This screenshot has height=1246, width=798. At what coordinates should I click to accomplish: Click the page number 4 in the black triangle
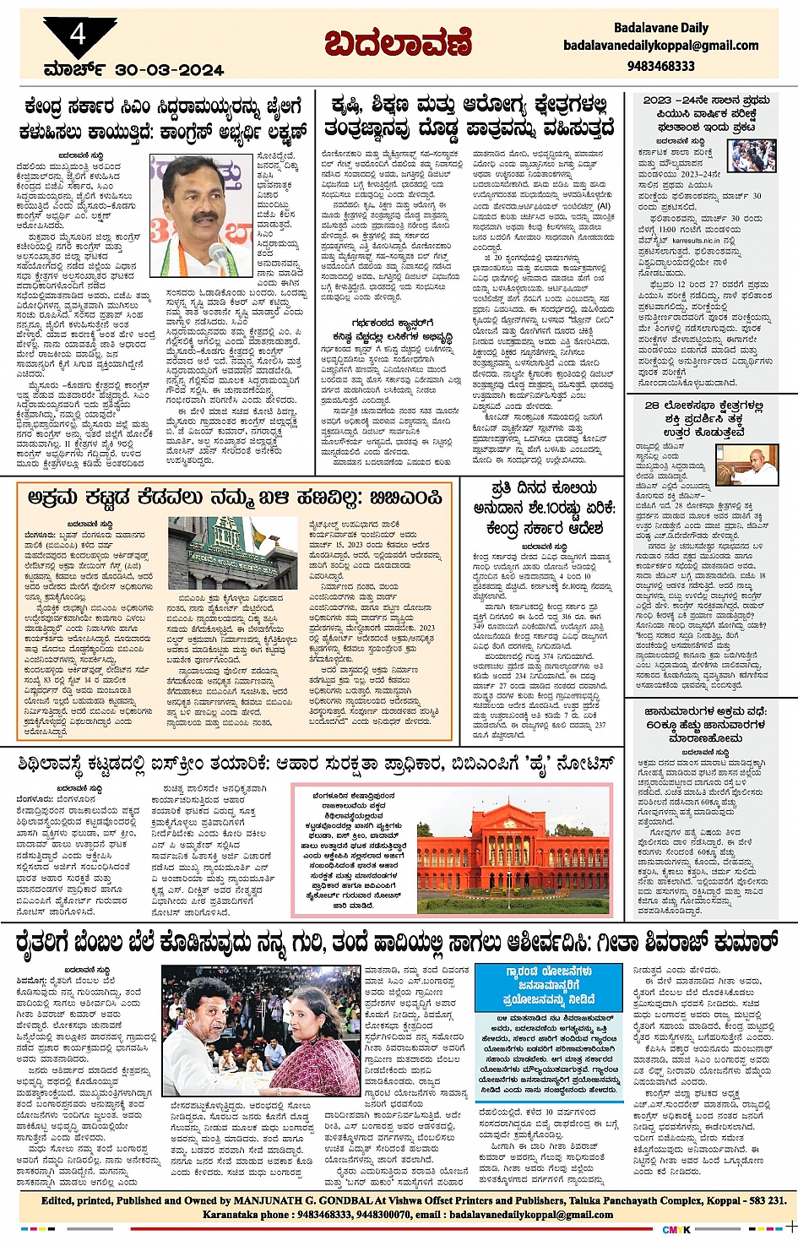click(x=78, y=35)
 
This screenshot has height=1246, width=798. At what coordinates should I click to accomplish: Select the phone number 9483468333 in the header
click(x=661, y=65)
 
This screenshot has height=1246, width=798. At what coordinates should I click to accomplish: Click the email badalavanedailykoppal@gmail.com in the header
click(x=661, y=46)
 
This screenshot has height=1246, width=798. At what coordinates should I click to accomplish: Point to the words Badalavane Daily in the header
click(x=661, y=27)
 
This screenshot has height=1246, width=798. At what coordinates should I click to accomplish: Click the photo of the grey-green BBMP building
click(x=220, y=552)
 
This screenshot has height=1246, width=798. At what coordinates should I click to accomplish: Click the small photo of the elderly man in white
click(x=752, y=464)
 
